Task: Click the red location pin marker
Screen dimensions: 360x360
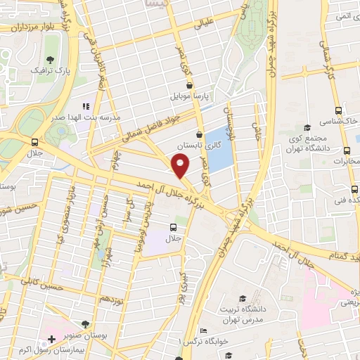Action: point(181,167)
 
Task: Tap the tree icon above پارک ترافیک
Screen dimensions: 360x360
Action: point(49,60)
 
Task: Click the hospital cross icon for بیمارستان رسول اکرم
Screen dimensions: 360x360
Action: point(51,339)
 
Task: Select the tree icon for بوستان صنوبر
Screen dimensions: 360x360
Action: point(85,324)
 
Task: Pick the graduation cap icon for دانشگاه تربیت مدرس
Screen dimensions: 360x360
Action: point(243,298)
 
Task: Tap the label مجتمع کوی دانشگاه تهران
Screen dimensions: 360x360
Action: point(314,141)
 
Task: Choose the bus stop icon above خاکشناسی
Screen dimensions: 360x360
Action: point(338,110)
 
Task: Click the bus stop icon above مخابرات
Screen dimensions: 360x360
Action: point(347,150)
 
